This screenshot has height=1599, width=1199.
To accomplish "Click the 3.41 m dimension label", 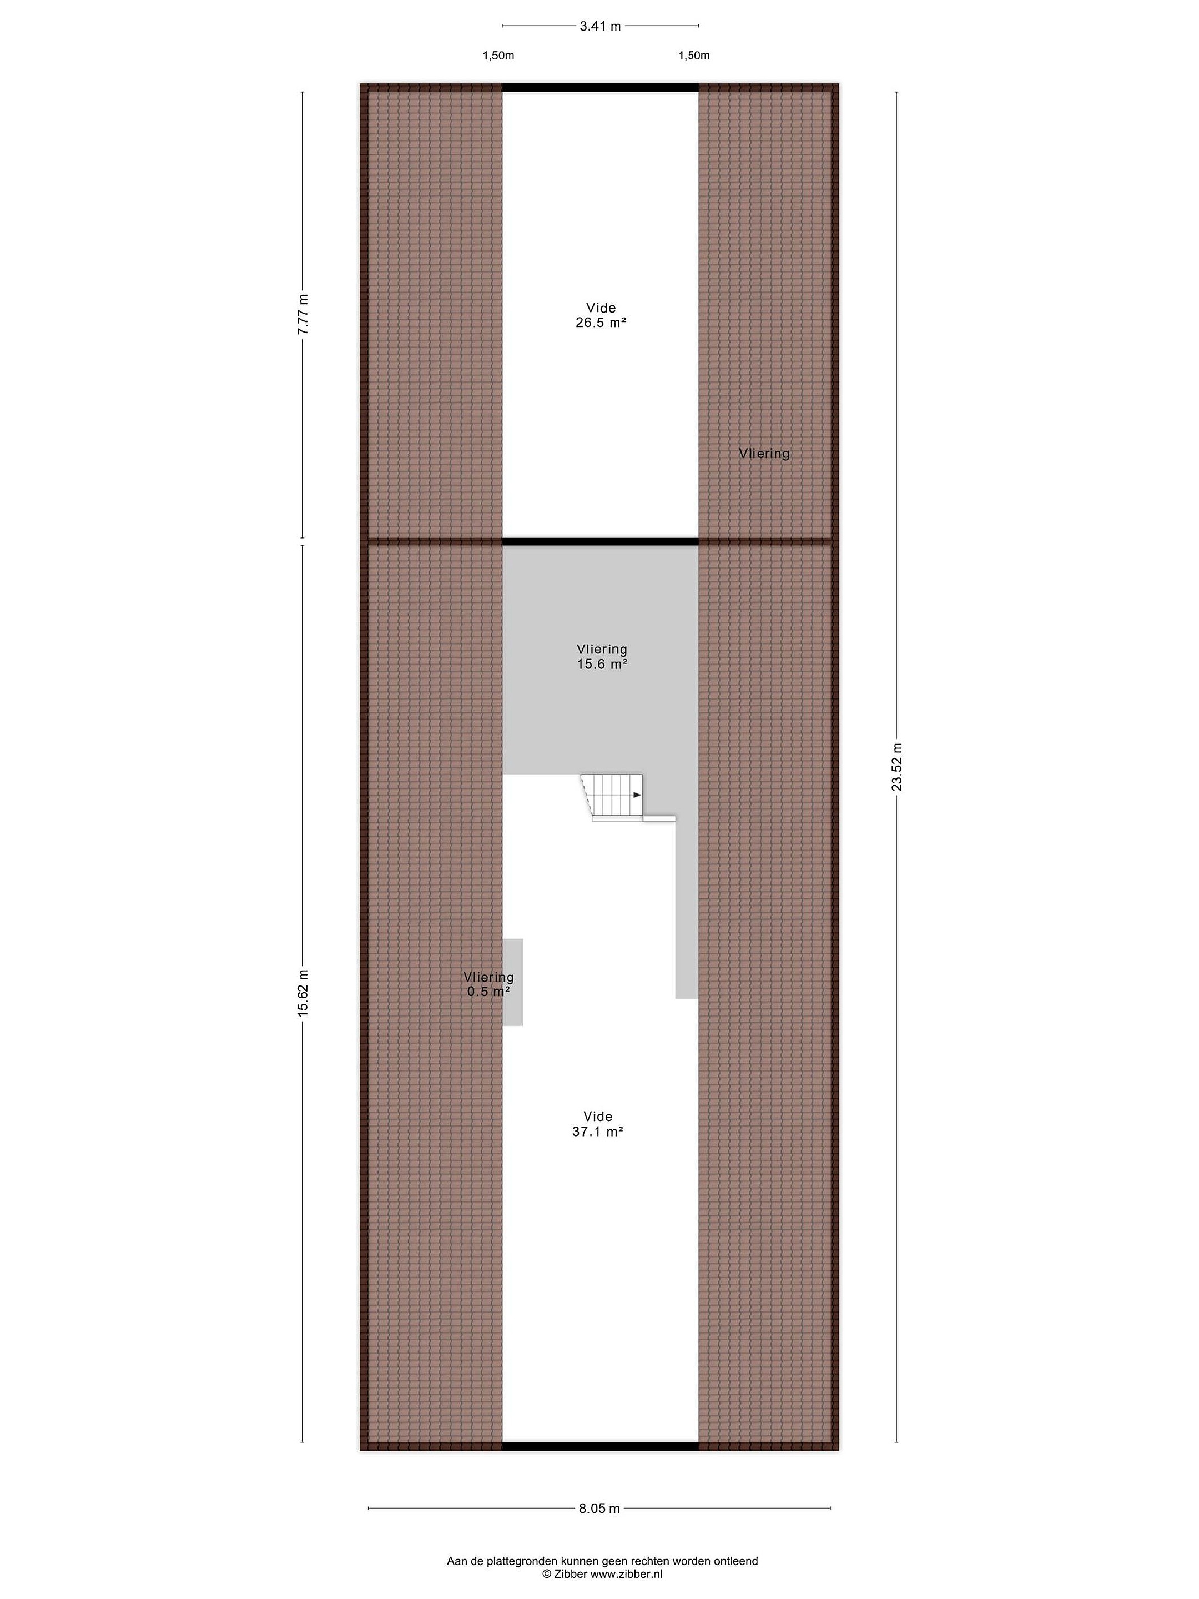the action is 600,27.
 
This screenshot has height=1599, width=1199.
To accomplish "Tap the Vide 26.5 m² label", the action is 601,315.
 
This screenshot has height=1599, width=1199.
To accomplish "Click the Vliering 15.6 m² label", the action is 602,656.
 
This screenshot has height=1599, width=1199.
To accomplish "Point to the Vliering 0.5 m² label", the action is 489,984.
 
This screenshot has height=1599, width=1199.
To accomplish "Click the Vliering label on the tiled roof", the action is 764,453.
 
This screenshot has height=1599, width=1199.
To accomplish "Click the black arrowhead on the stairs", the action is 637,795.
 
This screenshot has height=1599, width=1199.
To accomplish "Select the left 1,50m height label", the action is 498,56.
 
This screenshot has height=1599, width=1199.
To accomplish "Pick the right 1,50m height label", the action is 694,56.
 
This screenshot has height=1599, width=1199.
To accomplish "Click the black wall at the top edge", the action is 601,88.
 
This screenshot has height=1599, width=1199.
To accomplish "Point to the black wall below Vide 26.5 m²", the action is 601,541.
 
